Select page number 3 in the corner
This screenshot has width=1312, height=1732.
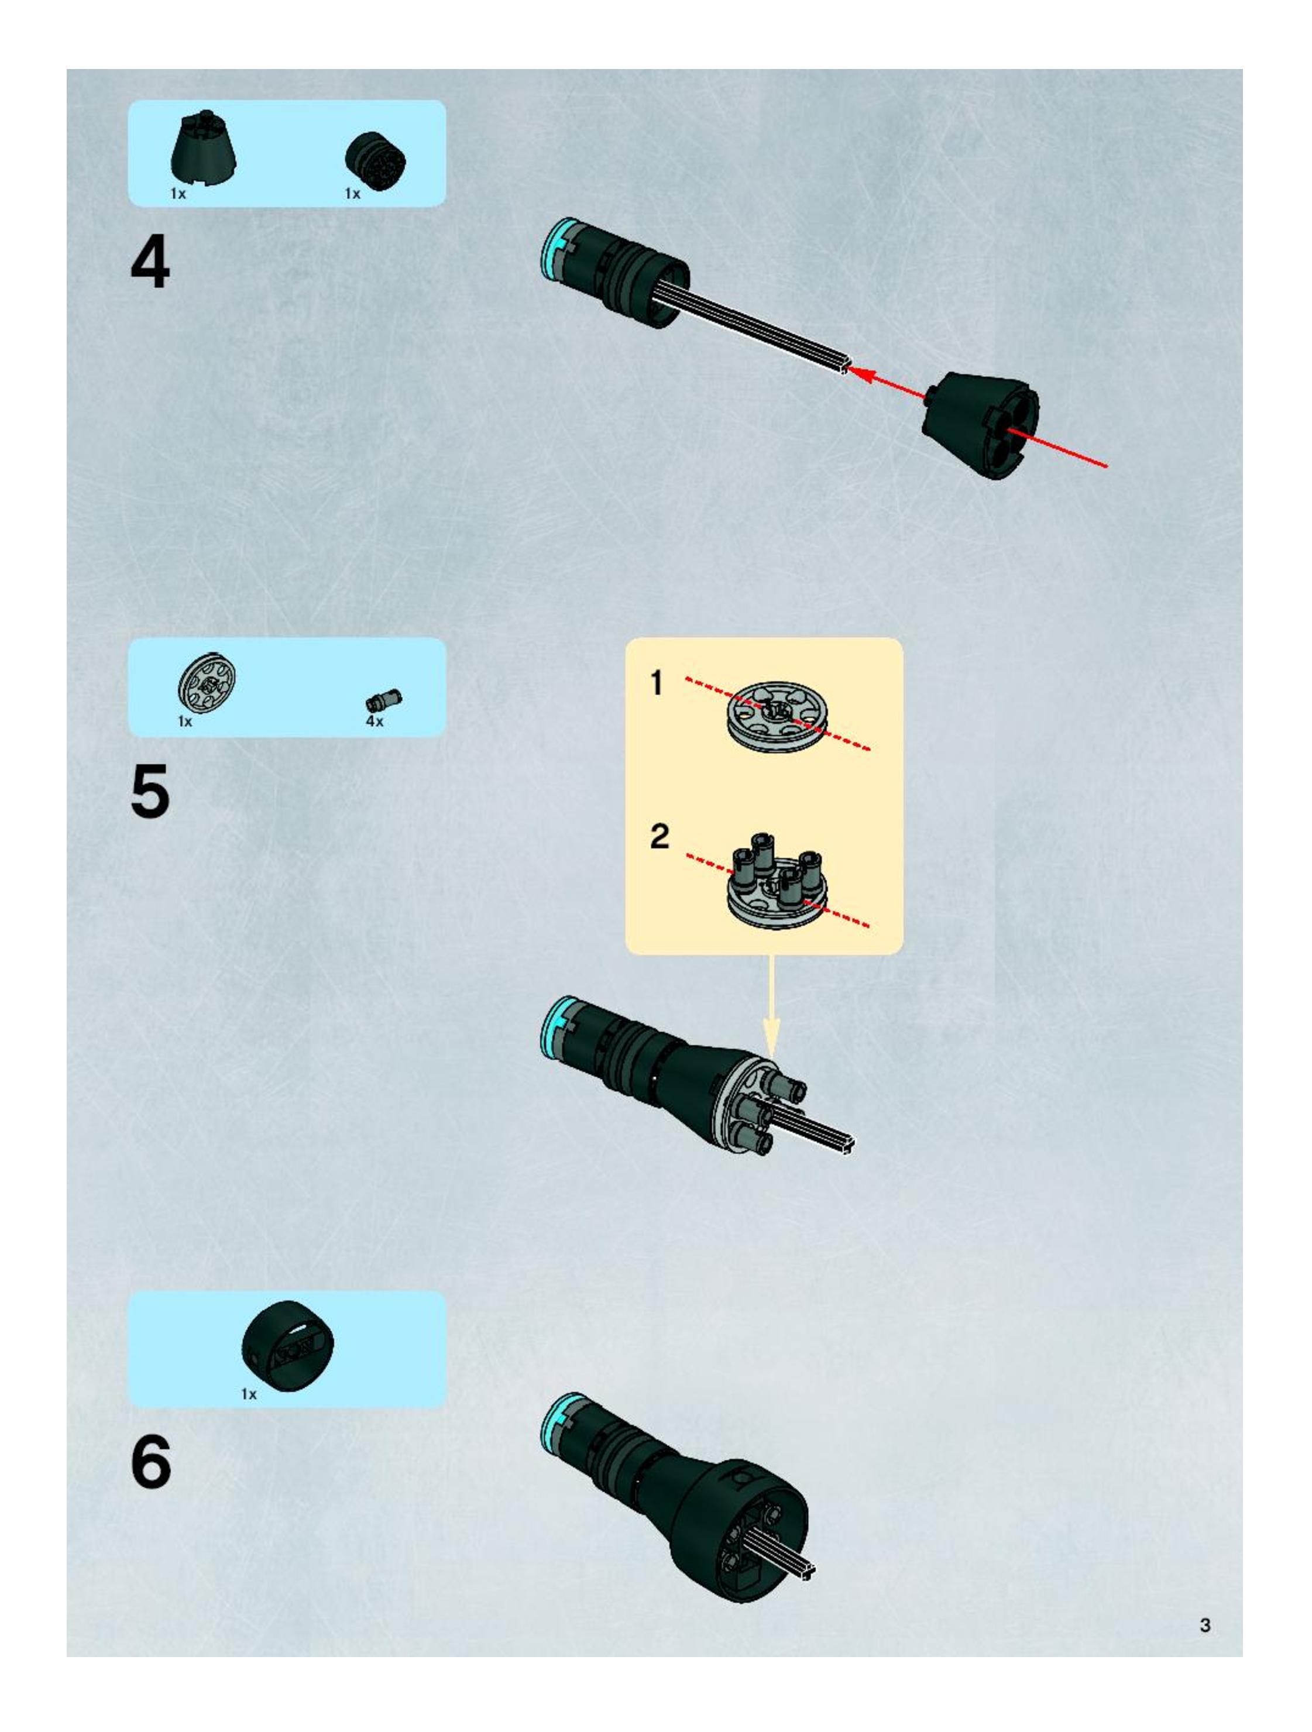coord(1205,1625)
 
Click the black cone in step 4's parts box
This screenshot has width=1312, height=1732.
coord(204,149)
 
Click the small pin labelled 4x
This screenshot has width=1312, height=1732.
coord(384,699)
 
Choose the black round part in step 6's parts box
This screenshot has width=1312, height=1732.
coord(287,1345)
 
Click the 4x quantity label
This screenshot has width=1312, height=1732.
coord(375,721)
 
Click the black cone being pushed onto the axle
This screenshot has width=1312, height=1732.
coord(981,423)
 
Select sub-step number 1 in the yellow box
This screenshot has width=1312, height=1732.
coord(657,683)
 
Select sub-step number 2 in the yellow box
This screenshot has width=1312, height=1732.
coord(660,836)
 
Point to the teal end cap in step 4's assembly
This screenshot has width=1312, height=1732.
coord(553,248)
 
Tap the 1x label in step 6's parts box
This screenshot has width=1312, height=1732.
coord(248,1394)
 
